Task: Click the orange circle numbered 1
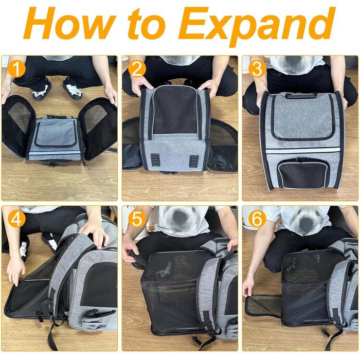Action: (16, 68)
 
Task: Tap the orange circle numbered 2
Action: (137, 68)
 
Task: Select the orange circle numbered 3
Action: (257, 68)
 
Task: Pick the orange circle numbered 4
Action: (16, 219)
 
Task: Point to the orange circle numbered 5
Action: (137, 219)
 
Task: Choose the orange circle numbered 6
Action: (257, 219)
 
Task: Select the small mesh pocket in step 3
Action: (302, 174)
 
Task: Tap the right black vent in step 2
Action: (194, 161)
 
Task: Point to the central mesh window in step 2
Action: (175, 110)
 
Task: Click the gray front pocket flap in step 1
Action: (56, 133)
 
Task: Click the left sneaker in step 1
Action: (41, 89)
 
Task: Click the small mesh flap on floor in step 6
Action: (263, 305)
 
